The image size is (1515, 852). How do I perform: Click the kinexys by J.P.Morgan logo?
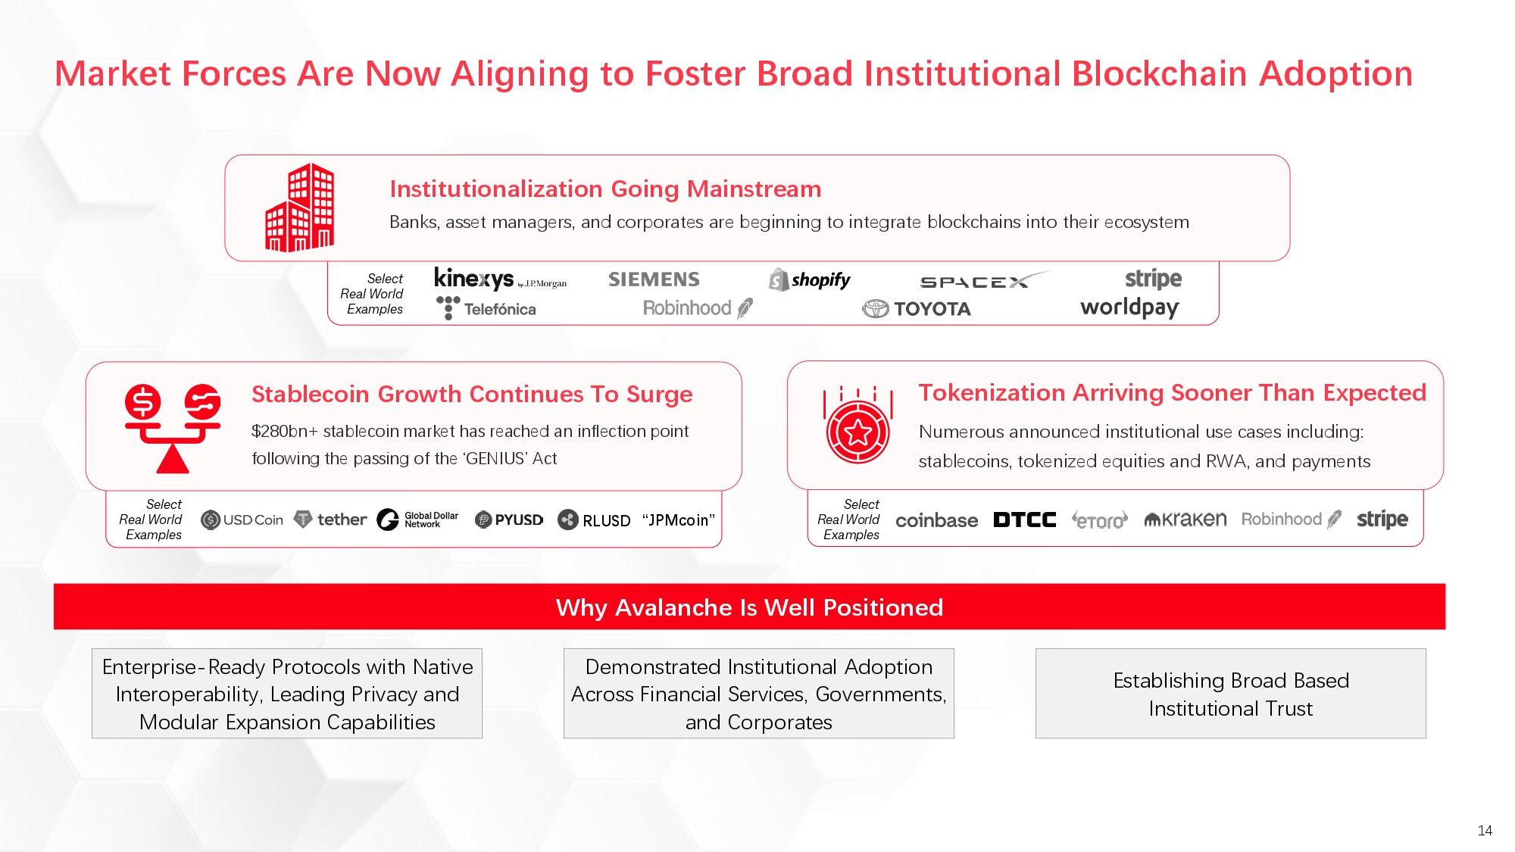[500, 279]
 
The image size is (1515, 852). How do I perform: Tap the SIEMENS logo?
[654, 279]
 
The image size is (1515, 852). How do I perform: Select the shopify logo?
[810, 280]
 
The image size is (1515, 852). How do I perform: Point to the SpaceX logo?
[983, 281]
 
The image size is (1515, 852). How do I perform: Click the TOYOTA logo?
[917, 309]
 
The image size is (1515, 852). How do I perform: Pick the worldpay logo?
[1129, 307]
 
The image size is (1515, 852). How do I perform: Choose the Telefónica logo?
[486, 308]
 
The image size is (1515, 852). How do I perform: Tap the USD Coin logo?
[242, 520]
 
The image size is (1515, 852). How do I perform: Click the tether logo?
[330, 520]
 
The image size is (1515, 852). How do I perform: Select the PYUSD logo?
[509, 520]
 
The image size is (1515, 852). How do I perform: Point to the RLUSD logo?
[594, 520]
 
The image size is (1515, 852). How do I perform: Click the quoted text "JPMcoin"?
[679, 520]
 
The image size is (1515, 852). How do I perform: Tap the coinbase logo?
[936, 520]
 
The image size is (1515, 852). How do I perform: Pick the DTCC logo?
[1024, 520]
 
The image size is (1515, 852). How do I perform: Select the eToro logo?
[1100, 520]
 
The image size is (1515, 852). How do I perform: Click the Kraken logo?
[1185, 520]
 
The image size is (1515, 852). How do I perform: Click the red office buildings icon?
[299, 207]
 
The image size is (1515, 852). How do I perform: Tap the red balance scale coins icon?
[173, 429]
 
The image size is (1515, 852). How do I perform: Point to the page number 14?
[1485, 831]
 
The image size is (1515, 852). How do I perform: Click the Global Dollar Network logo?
[417, 520]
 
